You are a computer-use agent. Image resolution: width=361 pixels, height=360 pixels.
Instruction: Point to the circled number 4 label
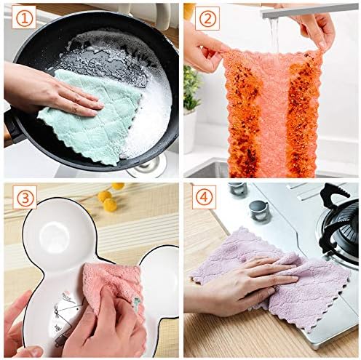[205, 197]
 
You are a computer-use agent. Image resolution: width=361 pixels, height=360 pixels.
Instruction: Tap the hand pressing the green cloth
[51, 89]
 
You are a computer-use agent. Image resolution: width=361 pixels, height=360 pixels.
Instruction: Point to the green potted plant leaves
[191, 91]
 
